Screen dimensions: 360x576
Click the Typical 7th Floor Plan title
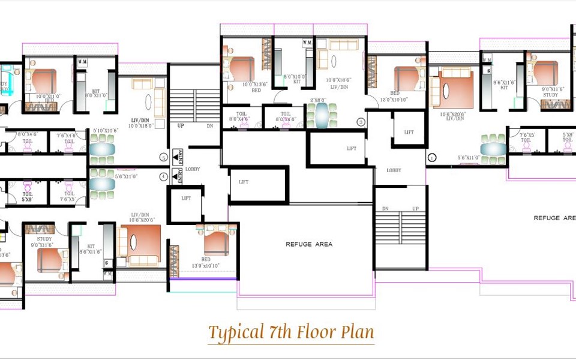pos(290,332)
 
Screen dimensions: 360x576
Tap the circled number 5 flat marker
pos(163,158)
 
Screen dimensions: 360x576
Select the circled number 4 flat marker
pos(163,176)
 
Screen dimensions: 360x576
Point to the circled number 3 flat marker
pos(361,122)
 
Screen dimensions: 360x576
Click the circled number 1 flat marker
pos(432,158)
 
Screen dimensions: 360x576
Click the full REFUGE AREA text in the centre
pos(308,244)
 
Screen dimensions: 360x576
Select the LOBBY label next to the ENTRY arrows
pos(193,169)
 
